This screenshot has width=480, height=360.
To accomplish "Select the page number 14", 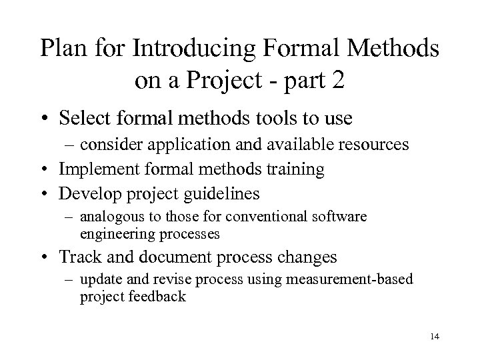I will click(x=435, y=337).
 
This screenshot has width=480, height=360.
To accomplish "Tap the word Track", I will click(x=79, y=257).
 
